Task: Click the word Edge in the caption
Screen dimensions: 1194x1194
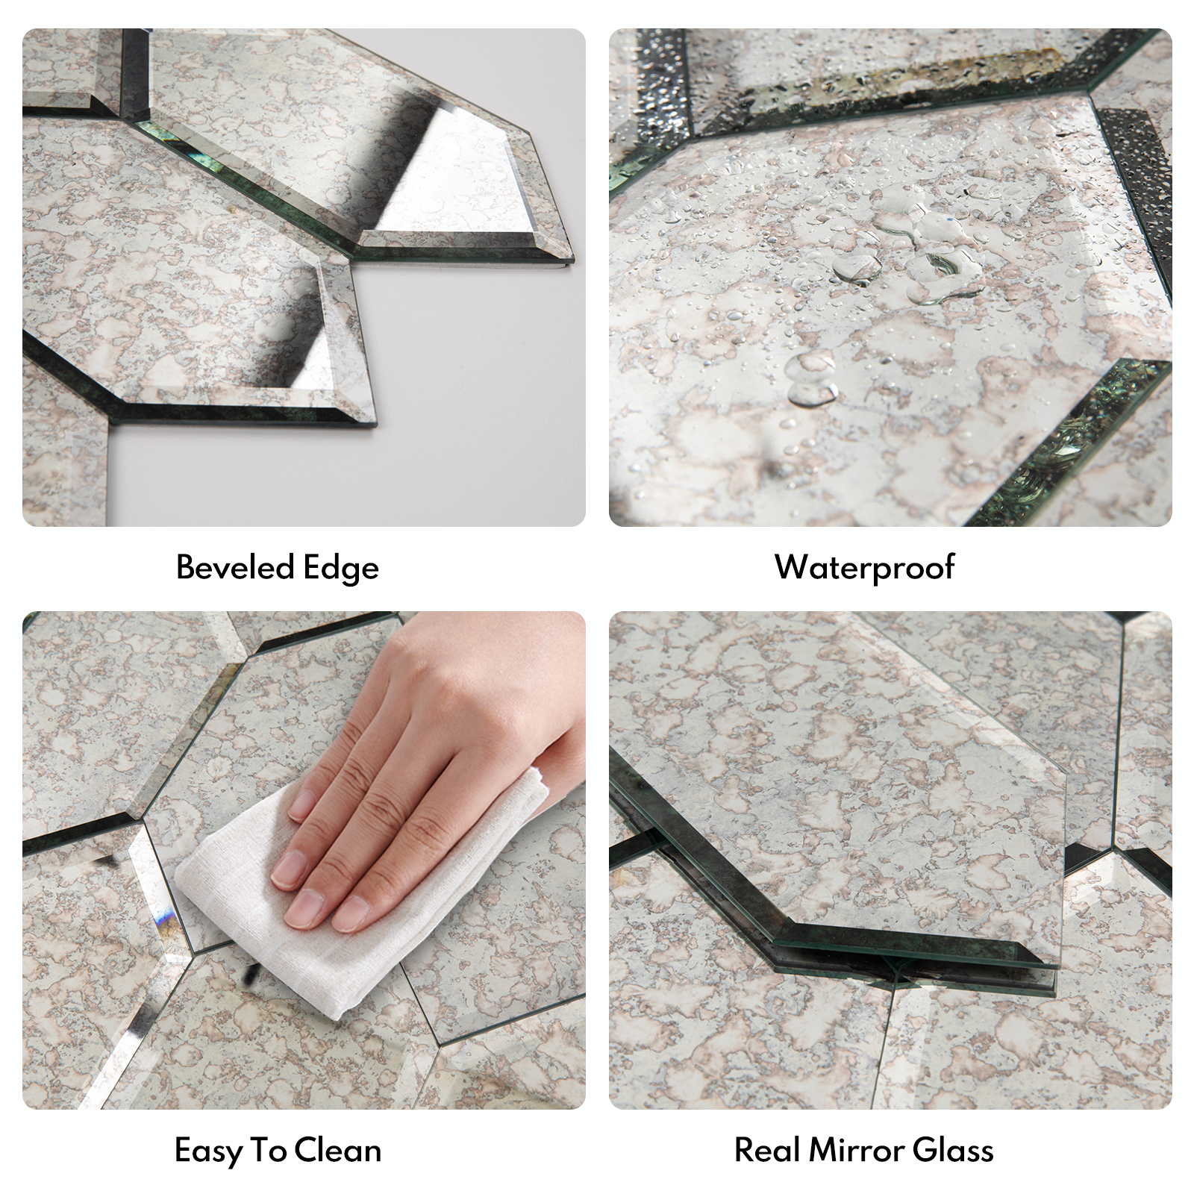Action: click(341, 569)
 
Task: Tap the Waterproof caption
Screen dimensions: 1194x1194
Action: click(864, 567)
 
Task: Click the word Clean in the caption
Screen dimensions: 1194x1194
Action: click(338, 1150)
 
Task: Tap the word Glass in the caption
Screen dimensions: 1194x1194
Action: click(953, 1150)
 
